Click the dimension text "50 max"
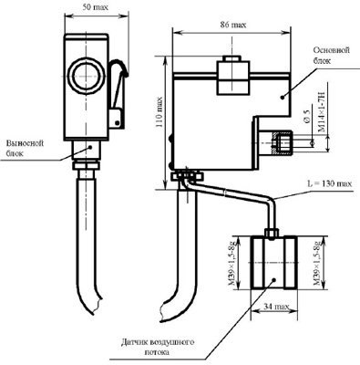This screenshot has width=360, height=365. coord(96,7)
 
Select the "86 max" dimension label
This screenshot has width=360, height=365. coord(233,25)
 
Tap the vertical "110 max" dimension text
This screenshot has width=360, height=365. coord(159,112)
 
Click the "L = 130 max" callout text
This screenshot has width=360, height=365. coord(330,183)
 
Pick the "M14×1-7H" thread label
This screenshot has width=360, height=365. coord(321,111)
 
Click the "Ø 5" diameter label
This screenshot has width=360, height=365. coord(307,117)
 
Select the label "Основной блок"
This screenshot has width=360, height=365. coord(331,55)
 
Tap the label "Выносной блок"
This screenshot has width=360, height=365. coord(26,148)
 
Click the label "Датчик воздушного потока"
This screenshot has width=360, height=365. coord(158,348)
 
